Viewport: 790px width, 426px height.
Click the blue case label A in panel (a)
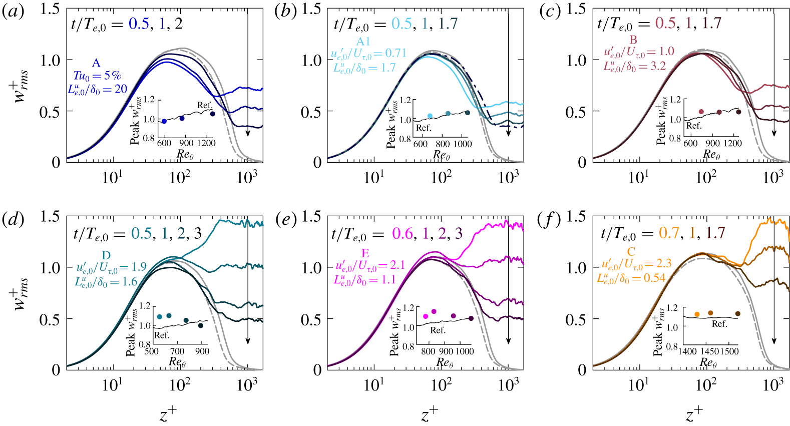[x=96, y=63]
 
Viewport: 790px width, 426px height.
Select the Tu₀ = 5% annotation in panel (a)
[x=97, y=76]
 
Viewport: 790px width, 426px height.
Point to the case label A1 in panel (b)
[x=363, y=42]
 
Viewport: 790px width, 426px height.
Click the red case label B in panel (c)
[x=633, y=40]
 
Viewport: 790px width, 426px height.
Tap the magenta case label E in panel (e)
[x=365, y=254]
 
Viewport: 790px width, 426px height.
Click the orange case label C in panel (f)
[x=631, y=252]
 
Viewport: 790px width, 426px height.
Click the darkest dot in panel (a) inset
[x=212, y=114]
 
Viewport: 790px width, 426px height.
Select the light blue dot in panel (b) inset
[x=430, y=116]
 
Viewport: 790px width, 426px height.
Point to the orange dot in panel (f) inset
[x=697, y=314]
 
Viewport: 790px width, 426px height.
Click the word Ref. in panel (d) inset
[x=162, y=335]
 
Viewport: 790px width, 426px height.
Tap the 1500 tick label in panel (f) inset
[x=729, y=351]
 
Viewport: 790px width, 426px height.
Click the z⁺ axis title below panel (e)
[x=430, y=414]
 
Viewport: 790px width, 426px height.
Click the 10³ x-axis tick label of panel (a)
[x=247, y=177]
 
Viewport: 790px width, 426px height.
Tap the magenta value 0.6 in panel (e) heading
[x=403, y=233]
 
